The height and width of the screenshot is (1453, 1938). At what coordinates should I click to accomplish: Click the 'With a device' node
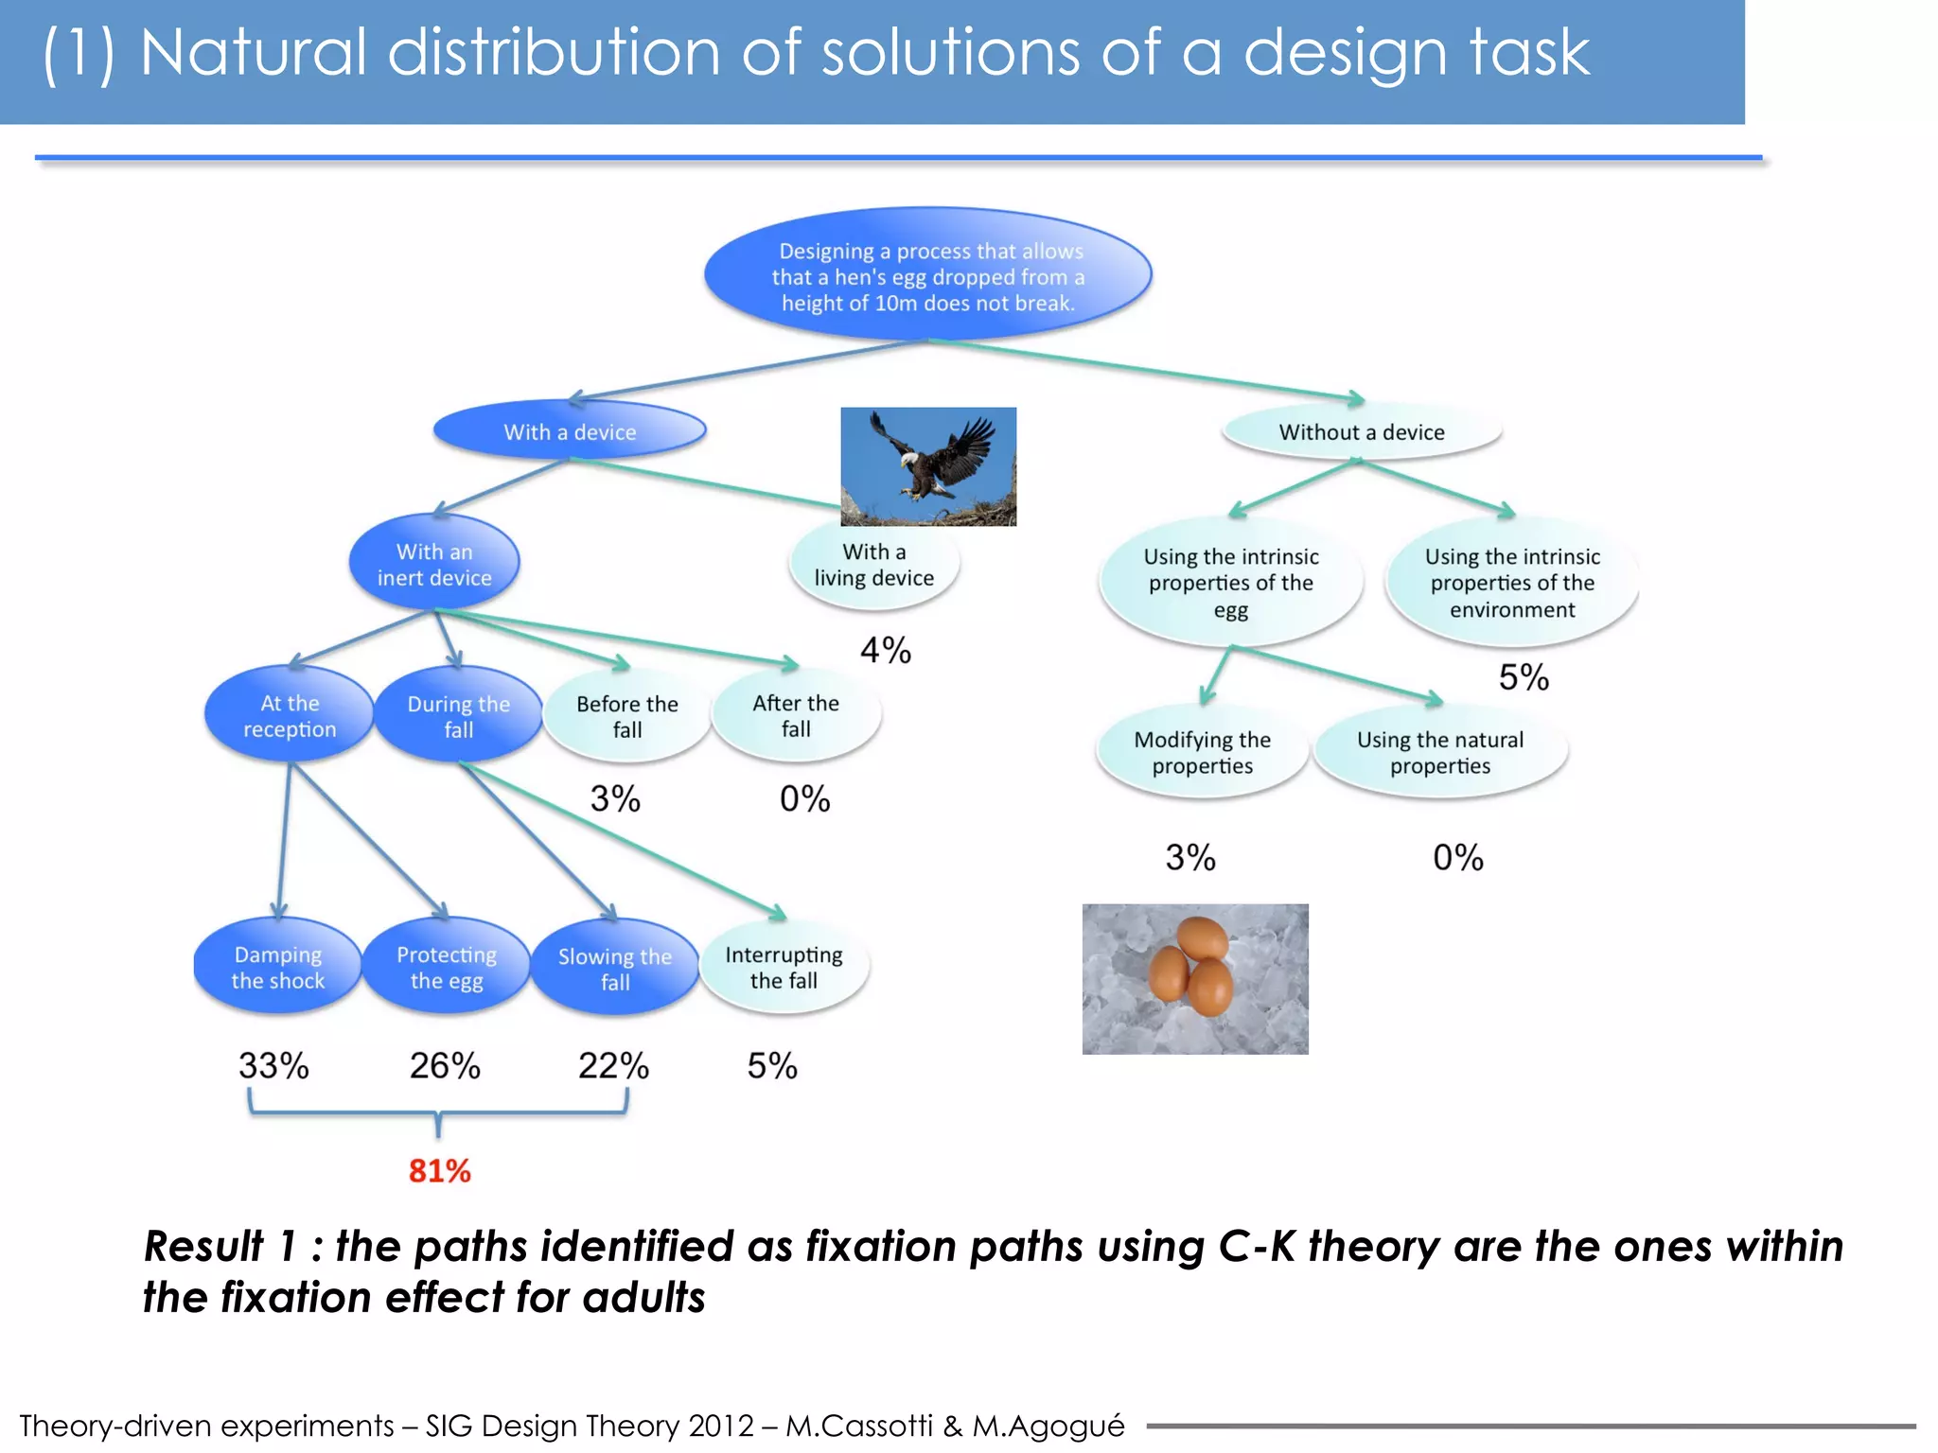click(570, 431)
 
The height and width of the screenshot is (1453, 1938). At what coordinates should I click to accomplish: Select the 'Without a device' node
click(1362, 432)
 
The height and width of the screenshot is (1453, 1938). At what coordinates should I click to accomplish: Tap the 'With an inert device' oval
click(434, 564)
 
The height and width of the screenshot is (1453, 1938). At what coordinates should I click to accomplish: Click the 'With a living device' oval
click(873, 564)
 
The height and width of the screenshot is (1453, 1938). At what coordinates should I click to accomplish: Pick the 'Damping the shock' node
click(277, 967)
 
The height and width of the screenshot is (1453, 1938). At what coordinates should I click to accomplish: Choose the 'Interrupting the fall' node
click(784, 967)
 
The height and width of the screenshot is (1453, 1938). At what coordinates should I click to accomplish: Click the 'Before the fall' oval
click(626, 716)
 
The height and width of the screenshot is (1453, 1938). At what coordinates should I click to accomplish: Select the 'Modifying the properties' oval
click(1202, 752)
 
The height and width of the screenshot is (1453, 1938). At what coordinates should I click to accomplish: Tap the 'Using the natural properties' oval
click(1440, 752)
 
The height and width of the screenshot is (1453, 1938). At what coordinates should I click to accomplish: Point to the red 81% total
click(439, 1171)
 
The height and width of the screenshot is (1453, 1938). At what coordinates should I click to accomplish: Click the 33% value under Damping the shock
click(273, 1066)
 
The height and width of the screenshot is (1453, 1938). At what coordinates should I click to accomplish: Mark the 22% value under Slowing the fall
click(613, 1066)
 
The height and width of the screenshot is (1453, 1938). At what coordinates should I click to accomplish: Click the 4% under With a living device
click(885, 650)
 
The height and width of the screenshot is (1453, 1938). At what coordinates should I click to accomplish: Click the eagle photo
click(928, 466)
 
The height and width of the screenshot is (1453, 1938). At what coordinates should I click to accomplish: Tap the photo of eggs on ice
click(1195, 979)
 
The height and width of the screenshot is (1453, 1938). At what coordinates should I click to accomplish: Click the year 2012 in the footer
click(720, 1425)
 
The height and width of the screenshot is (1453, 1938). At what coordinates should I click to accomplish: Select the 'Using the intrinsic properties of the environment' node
click(1511, 583)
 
